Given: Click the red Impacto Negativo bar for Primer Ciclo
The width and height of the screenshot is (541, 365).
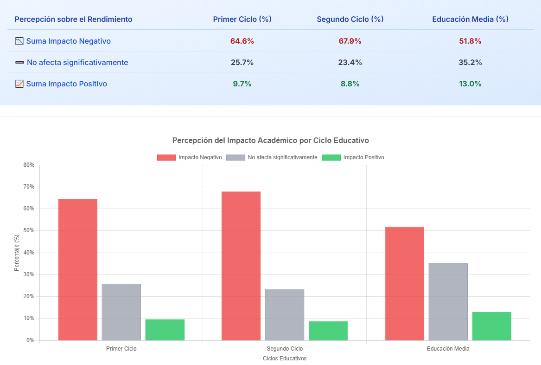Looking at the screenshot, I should (x=77, y=269).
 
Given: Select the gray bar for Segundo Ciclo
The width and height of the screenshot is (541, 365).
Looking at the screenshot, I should (x=285, y=315).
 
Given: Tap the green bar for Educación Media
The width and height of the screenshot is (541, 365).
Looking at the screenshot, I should (x=491, y=326).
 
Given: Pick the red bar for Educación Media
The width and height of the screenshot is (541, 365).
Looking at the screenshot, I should (x=404, y=283).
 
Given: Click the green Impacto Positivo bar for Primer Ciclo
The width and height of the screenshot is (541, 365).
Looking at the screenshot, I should (x=165, y=330).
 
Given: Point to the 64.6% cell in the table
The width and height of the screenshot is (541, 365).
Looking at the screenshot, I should (x=242, y=41).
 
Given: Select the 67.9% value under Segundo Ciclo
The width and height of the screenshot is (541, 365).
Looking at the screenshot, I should (x=350, y=41).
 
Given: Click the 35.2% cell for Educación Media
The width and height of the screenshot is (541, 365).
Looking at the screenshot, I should (x=470, y=62).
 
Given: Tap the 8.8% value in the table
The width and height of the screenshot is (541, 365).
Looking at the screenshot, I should (x=350, y=84).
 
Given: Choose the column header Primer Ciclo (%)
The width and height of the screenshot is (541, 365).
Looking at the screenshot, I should (x=242, y=19).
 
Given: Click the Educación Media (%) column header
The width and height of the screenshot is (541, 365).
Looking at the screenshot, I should (x=470, y=19).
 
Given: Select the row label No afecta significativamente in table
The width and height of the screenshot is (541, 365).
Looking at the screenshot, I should (x=77, y=62).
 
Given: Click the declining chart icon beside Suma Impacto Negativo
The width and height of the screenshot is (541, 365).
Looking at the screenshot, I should (x=19, y=41).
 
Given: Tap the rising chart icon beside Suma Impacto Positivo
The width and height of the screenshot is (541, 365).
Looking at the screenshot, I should (x=19, y=84).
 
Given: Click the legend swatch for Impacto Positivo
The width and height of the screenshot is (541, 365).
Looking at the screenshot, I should (x=331, y=157).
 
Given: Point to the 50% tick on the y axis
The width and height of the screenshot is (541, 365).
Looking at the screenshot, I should (x=29, y=231).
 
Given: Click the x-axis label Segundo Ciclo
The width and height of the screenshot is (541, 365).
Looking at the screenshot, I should (x=285, y=349).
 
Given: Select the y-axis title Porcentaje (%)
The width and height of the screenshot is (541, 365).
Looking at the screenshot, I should (x=17, y=253).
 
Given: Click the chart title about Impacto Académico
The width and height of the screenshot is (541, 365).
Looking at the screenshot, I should (x=270, y=140).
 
